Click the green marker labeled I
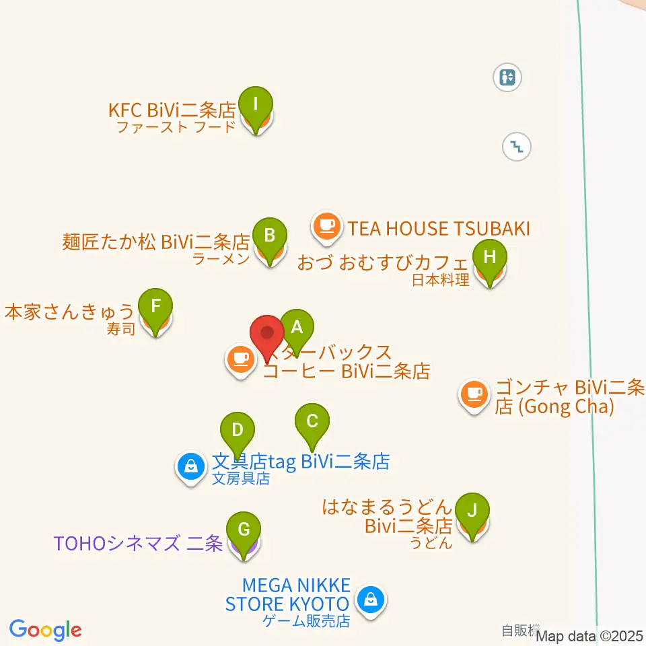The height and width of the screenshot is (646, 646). point(256,106)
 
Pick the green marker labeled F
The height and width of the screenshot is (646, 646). point(155,308)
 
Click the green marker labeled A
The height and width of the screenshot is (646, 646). point(297,328)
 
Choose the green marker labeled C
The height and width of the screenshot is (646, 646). point(312,423)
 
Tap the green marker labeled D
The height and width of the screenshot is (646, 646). point(237,431)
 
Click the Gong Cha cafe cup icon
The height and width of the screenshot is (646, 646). point(474,393)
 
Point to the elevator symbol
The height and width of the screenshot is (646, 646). point(507,77)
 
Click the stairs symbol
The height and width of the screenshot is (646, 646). point(517,145)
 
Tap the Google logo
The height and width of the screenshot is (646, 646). point(46,631)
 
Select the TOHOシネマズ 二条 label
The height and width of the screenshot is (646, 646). point(138,543)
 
